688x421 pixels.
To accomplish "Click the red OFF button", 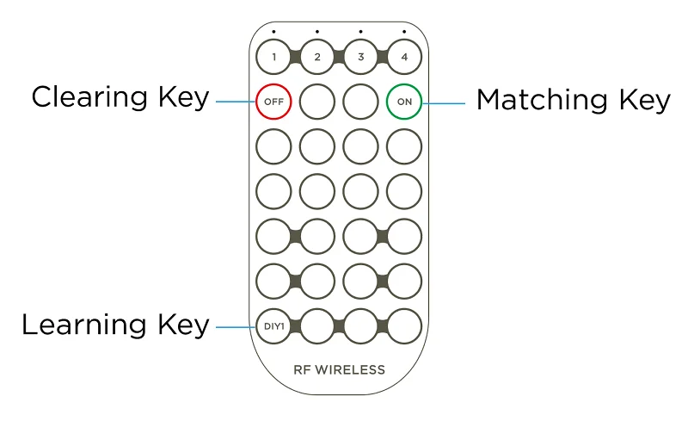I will (273, 102).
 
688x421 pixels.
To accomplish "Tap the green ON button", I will (404, 102).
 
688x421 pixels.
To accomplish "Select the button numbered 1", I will (273, 58).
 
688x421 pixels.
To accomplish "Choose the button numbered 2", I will (317, 58).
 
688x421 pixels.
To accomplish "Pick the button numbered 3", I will (360, 58).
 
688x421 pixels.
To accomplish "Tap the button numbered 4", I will (404, 58).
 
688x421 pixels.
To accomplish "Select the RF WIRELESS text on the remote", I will (339, 370).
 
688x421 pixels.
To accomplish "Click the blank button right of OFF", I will (317, 102).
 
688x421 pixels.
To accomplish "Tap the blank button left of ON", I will (360, 102).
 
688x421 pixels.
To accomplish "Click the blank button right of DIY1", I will (317, 326).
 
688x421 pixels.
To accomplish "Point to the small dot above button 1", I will (273, 32).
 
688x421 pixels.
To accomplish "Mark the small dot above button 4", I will (404, 32).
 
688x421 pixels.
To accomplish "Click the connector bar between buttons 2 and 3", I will (339, 58).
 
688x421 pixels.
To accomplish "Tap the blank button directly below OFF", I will (273, 146).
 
